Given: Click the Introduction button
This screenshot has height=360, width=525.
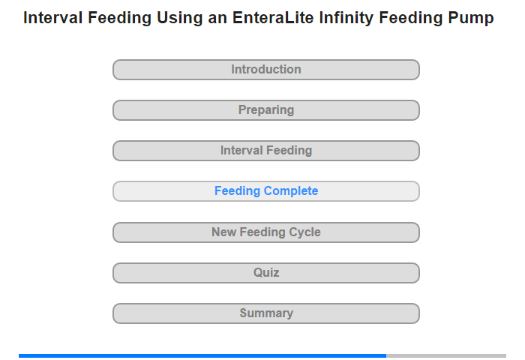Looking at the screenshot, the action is click(265, 70).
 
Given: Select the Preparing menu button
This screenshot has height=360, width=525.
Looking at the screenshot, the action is click(265, 110).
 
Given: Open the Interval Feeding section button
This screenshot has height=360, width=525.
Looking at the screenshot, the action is click(265, 151).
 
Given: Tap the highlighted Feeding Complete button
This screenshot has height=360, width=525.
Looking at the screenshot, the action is click(265, 191).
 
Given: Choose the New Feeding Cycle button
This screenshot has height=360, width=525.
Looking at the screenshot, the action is click(265, 232).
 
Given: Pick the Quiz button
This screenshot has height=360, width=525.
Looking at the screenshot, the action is click(265, 273).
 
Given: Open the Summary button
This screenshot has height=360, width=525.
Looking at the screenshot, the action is click(265, 313).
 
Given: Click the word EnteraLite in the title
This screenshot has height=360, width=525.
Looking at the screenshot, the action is click(273, 18).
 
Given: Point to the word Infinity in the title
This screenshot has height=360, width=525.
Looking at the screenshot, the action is click(346, 19).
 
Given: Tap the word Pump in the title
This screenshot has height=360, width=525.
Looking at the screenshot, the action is click(471, 19).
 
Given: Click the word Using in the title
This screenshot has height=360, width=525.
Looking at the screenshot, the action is click(179, 19).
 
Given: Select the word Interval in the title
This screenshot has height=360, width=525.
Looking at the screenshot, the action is click(53, 18).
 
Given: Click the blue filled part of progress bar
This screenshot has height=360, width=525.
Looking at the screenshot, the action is click(202, 355).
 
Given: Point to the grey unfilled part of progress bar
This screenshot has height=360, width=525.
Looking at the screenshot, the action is click(446, 355).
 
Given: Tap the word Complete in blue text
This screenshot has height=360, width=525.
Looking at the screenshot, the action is click(291, 191).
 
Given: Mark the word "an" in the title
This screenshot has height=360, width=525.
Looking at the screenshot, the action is click(217, 19).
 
